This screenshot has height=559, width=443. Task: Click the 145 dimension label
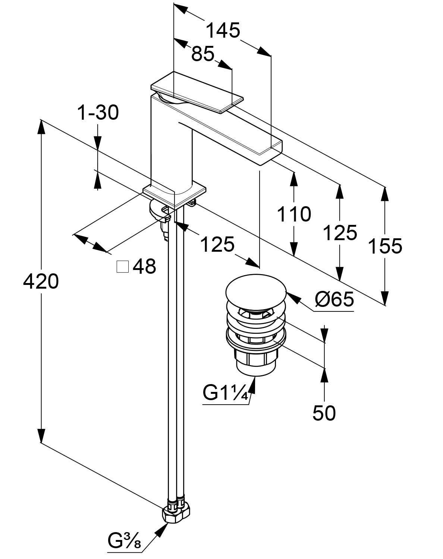coord(223,31)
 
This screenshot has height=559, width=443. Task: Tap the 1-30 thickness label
coord(98,113)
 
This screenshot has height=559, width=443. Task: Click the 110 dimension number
coord(293,214)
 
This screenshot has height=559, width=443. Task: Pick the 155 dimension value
coord(385,246)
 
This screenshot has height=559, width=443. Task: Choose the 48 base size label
coord(144,267)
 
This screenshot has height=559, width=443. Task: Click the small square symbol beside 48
coord(122,267)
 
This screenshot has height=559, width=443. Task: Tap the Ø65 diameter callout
coord(334,299)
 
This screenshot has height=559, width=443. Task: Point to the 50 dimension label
coord(324,413)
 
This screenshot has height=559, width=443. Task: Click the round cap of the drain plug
coord(255,292)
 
